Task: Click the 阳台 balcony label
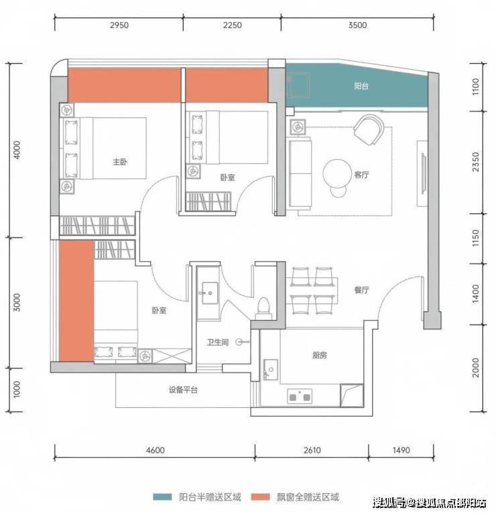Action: tap(361, 86)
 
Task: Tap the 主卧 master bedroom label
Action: tap(120, 162)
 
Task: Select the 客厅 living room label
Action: tap(361, 174)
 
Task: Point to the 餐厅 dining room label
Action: tap(361, 290)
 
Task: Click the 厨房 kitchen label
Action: tap(320, 355)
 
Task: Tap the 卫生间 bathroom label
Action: tap(218, 343)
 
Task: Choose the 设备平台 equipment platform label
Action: tap(184, 390)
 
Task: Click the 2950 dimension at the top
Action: tap(119, 25)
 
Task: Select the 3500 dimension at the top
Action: tap(357, 25)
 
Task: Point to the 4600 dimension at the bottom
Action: tap(156, 450)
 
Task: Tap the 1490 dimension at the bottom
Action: tap(401, 450)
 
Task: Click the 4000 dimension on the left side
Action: tap(16, 150)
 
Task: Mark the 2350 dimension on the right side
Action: tap(476, 162)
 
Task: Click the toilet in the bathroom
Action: tap(263, 309)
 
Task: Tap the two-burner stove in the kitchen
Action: tap(300, 397)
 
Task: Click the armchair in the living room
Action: tap(369, 130)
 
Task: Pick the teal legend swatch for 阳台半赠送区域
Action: tap(162, 497)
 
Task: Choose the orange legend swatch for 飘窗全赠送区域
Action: tap(261, 497)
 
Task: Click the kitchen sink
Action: tap(270, 370)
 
